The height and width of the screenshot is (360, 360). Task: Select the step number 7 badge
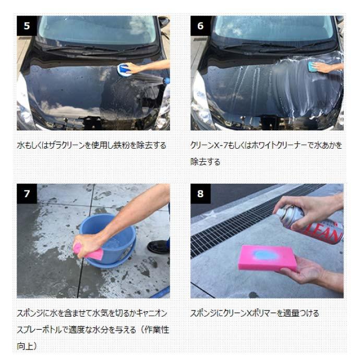tap(27, 194)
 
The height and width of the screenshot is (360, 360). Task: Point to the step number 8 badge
tap(200, 194)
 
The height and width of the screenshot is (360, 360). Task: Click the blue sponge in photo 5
tap(125, 69)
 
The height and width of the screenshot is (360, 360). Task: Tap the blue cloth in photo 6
tap(313, 66)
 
